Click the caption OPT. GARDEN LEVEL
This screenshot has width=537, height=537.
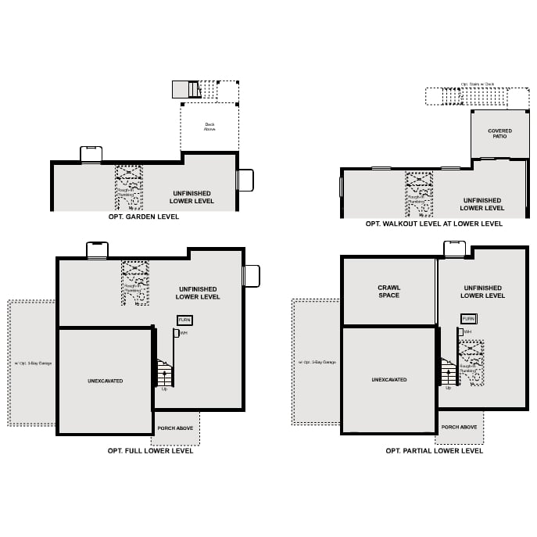tap(144, 217)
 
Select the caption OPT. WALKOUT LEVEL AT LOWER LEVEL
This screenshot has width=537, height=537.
tap(434, 224)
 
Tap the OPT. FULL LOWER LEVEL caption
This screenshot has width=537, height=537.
tap(150, 450)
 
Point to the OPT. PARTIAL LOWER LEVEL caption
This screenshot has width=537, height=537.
tap(434, 450)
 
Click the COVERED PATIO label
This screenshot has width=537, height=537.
tap(499, 134)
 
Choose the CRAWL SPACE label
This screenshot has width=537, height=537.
tap(388, 292)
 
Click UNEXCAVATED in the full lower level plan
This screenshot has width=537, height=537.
tap(105, 381)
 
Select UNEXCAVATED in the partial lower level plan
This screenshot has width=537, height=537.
tap(388, 380)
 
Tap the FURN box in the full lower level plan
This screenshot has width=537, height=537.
tap(184, 320)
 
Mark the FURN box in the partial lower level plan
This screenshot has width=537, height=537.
tap(468, 319)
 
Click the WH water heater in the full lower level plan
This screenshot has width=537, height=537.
tap(177, 333)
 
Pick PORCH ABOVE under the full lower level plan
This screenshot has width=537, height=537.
tap(175, 428)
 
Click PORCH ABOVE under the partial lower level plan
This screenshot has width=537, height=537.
tap(459, 427)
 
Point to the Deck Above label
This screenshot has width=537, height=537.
tap(209, 127)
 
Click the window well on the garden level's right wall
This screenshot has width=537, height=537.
tap(245, 180)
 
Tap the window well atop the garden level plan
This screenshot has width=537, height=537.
tap(91, 154)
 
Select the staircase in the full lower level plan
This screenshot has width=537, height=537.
tap(164, 373)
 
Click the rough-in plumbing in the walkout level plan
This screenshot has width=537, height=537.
tap(419, 195)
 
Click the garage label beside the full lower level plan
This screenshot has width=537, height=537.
tap(33, 363)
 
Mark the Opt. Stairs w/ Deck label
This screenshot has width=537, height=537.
tap(478, 84)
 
